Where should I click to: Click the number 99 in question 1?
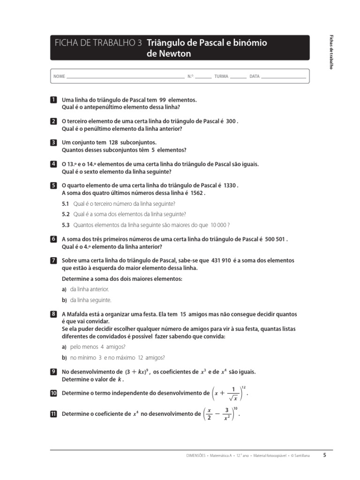pos(163,100)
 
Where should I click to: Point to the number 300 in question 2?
pos(230,121)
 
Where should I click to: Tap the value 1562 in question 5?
pos(197,193)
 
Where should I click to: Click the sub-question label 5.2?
pos(66,214)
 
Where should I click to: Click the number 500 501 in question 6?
pos(272,239)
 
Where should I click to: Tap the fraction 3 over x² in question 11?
pos(226,414)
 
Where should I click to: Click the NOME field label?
pos(59,76)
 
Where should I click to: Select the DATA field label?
pos(255,76)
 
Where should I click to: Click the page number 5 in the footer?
pos(324,454)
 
